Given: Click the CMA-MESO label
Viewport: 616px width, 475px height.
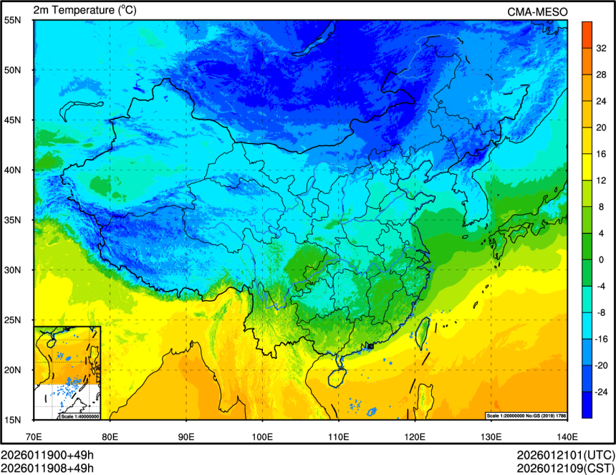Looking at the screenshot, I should (537, 11).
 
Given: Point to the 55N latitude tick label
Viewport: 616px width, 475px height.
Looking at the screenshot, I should (13, 20).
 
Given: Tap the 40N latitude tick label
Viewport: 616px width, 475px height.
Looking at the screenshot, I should (13, 171).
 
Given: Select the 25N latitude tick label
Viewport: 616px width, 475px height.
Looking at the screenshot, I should (13, 320).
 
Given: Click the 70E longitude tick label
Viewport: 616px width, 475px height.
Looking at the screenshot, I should (34, 436).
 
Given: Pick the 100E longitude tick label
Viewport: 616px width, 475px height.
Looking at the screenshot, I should (262, 436).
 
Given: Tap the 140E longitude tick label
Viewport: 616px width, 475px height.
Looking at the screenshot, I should (567, 436).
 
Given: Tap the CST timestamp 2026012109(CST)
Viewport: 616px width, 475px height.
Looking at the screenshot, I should (565, 469).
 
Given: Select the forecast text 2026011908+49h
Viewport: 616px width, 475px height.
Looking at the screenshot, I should (47, 469).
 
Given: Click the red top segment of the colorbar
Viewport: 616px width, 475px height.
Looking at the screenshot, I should (586, 31).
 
